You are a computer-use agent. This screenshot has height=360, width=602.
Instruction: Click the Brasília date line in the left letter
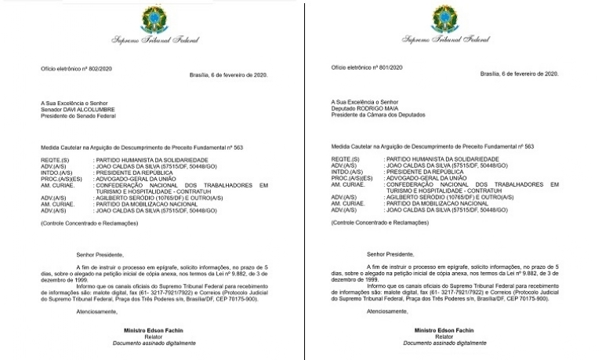coord(228,75)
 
